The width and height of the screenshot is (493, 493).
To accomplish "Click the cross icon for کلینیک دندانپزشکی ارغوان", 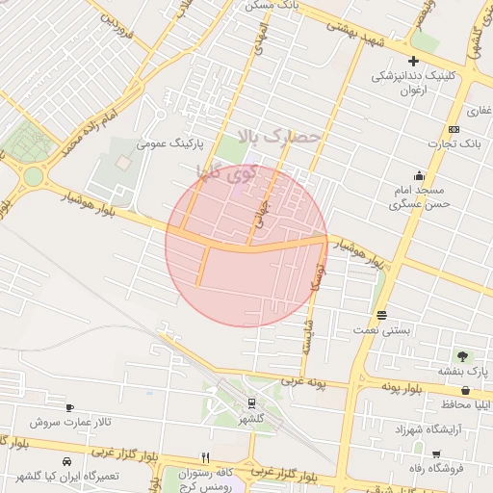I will pyautogui.click(x=413, y=61).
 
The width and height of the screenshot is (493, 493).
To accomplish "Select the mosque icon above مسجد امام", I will pyautogui.click(x=419, y=175).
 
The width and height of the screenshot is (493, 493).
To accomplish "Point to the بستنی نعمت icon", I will pyautogui.click(x=382, y=315).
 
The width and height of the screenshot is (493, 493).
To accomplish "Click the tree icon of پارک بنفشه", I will pyautogui.click(x=463, y=355).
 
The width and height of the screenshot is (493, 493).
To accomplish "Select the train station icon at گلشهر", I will pyautogui.click(x=251, y=403).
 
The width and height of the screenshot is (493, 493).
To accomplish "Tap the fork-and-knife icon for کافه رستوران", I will pyautogui.click(x=205, y=457).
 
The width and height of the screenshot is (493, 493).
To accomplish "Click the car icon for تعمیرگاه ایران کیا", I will pyautogui.click(x=65, y=461).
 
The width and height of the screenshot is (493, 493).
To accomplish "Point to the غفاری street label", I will pyautogui.click(x=480, y=110).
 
